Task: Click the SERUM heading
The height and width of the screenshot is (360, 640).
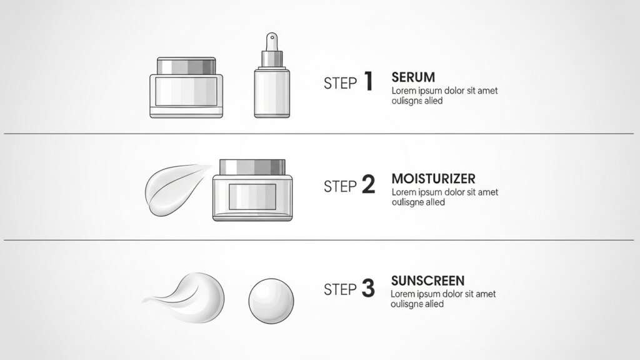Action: (413, 77)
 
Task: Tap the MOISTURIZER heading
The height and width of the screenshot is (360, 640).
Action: (433, 179)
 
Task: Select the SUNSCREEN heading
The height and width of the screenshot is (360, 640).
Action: (427, 281)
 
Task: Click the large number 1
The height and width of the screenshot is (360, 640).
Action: (367, 82)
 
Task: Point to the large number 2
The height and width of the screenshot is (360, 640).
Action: (368, 184)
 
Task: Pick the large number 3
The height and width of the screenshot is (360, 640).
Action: (368, 288)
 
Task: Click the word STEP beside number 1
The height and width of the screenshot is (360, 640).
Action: (340, 83)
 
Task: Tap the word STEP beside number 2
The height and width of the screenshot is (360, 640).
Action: (340, 186)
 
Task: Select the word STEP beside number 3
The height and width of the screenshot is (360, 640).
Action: (340, 289)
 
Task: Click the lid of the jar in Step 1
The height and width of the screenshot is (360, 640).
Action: (186, 66)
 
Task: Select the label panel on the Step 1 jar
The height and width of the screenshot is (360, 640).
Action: (186, 91)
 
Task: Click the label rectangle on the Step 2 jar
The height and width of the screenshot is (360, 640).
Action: (252, 196)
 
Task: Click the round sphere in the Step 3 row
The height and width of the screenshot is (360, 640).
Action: (271, 301)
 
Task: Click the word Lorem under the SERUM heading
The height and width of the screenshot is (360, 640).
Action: (403, 91)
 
